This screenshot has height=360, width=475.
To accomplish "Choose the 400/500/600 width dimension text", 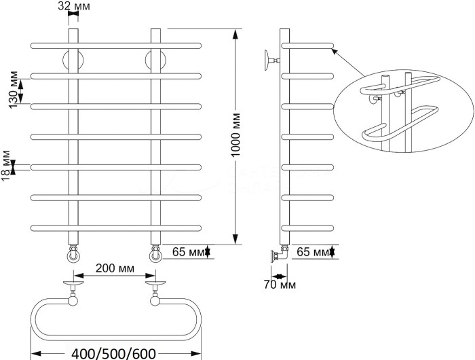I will pyautogui.click(x=114, y=353).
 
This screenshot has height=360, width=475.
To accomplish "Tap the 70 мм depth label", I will pyautogui.click(x=279, y=285).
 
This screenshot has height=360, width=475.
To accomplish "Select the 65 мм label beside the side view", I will pyautogui.click(x=311, y=252).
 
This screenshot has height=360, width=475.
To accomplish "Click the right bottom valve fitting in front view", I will pyautogui.click(x=155, y=254).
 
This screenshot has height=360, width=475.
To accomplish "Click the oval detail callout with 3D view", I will pyautogui.click(x=404, y=112).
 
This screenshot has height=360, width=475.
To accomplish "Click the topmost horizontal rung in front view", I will pyautogui.click(x=115, y=45).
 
